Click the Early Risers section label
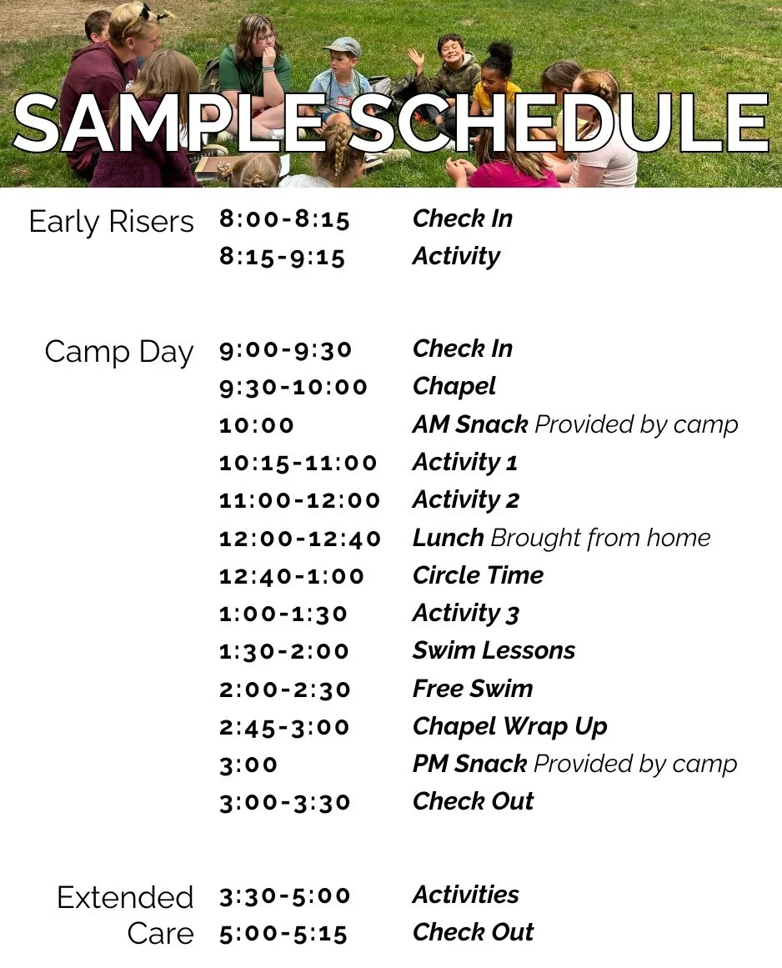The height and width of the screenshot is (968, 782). [111, 223]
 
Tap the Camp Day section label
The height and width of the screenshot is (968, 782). [118, 352]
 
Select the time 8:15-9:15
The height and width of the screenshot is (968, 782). [282, 258]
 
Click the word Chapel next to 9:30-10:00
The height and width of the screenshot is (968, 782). [454, 387]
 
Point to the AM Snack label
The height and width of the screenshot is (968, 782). [469, 424]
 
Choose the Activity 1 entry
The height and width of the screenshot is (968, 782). [464, 463]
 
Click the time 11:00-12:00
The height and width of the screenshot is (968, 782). [299, 500]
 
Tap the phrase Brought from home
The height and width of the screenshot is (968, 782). [600, 539]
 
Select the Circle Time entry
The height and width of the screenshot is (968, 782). [478, 575]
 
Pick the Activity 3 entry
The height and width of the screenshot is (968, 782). [465, 614]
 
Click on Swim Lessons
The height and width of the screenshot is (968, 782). [494, 651]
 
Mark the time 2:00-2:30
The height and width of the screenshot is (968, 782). [284, 690]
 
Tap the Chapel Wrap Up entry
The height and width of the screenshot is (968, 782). [509, 726]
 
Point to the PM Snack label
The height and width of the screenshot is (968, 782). [469, 764]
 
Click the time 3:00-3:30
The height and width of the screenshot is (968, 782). [284, 803]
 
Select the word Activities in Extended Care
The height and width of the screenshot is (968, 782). [465, 895]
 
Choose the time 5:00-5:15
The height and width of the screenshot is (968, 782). [283, 934]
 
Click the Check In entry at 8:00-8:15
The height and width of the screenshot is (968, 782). [462, 219]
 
